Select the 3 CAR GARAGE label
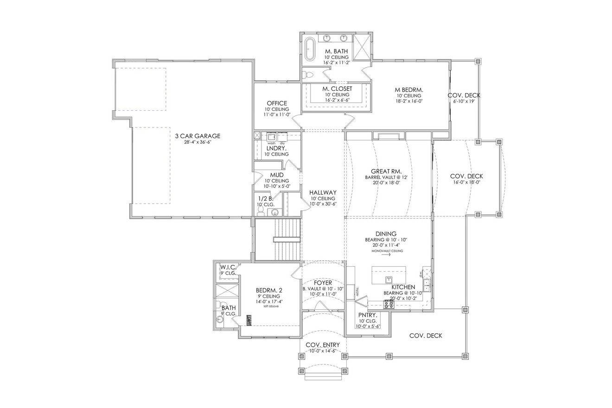click(x=198, y=136)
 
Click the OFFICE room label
click(x=277, y=103)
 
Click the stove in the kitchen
click(x=389, y=304)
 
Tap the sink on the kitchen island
click(x=389, y=279)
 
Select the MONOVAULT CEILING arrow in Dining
click(x=387, y=255)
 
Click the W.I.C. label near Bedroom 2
click(x=229, y=268)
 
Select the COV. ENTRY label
click(x=323, y=345)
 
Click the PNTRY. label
click(x=367, y=315)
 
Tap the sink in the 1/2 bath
click(x=275, y=212)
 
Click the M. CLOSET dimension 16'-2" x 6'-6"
click(x=337, y=100)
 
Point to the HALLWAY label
click(x=323, y=192)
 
